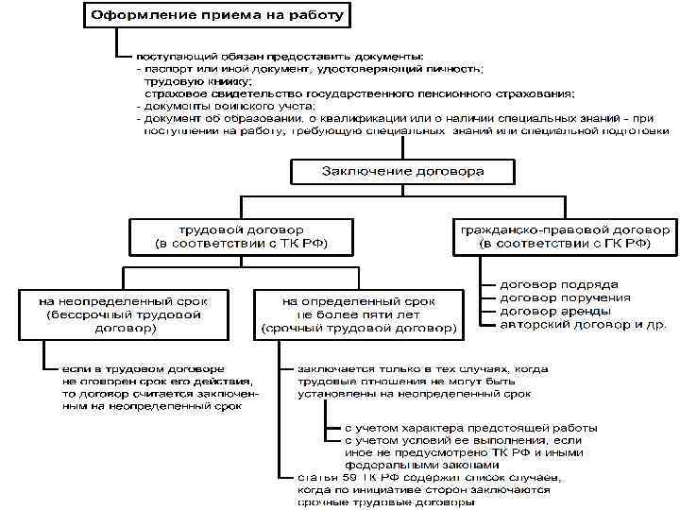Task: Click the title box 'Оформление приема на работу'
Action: point(217,16)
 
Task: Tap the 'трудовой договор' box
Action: point(235,236)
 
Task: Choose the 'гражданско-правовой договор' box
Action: point(565,236)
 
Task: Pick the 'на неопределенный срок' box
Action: point(125,314)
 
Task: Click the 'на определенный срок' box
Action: point(359,314)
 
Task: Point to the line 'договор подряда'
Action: point(560,283)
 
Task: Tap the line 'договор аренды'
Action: point(555,310)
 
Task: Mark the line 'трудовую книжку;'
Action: point(198,81)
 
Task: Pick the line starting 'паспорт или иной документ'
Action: point(312,69)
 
